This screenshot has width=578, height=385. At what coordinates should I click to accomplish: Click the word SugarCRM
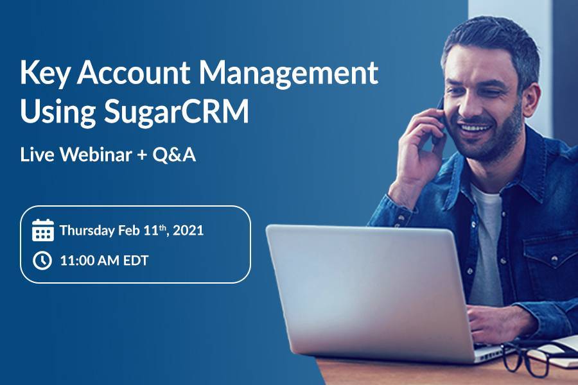click(x=176, y=112)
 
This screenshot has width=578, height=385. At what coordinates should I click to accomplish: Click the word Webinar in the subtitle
click(x=96, y=155)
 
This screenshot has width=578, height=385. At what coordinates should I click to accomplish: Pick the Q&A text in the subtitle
click(x=174, y=155)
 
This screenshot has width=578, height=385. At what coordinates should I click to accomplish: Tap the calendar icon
click(x=43, y=230)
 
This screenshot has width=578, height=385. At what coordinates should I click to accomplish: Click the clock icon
click(x=42, y=261)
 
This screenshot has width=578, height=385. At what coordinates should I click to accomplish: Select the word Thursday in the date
click(x=87, y=230)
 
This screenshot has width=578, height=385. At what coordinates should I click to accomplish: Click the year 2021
click(x=188, y=230)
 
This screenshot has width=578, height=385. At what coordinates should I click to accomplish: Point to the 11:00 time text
click(x=76, y=261)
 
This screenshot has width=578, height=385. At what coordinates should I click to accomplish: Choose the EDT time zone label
click(x=136, y=261)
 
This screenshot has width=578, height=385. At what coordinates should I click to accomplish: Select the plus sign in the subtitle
click(x=142, y=155)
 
